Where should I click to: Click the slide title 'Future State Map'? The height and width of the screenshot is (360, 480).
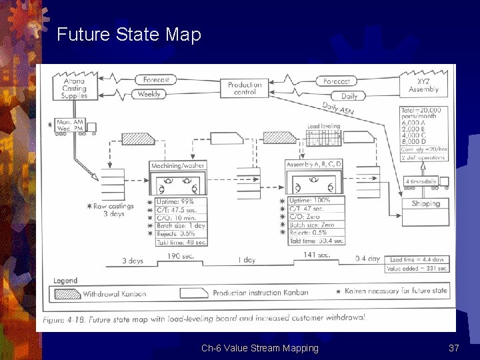(129, 34)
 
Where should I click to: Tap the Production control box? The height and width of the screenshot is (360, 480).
(245, 88)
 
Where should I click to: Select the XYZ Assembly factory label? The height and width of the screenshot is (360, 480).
(423, 85)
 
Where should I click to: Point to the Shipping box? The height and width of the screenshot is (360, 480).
(425, 203)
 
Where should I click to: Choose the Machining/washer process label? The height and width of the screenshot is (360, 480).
(178, 165)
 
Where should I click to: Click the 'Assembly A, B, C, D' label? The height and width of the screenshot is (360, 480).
(314, 164)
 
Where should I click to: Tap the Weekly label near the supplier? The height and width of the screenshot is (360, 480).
(148, 95)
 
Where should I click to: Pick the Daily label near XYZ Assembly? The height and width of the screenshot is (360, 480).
(349, 96)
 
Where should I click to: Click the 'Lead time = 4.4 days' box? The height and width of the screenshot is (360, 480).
(417, 259)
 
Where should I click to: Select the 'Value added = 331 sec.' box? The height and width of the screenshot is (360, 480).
(417, 269)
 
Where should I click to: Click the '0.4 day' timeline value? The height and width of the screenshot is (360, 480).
(367, 259)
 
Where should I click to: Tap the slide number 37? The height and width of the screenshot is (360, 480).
(454, 348)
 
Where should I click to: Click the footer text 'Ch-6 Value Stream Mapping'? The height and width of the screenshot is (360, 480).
(260, 348)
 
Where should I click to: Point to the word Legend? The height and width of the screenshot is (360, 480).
(65, 281)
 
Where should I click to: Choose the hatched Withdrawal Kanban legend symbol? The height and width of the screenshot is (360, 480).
(66, 293)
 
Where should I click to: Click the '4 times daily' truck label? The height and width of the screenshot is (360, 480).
(421, 181)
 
